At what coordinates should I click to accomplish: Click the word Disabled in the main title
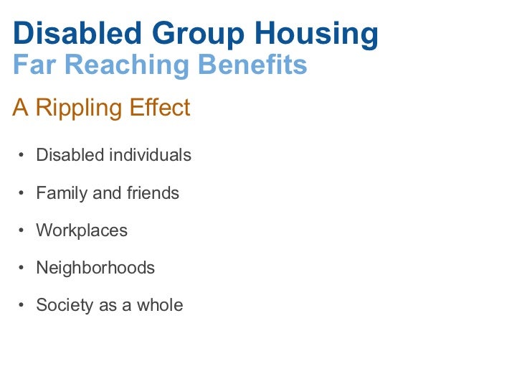67,33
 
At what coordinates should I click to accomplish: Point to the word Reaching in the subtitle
122,65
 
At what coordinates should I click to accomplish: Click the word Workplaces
82,230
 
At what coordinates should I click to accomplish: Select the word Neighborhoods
95,268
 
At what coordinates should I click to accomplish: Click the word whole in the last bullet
160,305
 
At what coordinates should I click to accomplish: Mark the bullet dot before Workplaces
22,231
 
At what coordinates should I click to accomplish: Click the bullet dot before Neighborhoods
22,269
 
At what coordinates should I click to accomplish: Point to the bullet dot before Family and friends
22,194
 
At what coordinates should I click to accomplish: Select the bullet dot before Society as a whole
22,306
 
